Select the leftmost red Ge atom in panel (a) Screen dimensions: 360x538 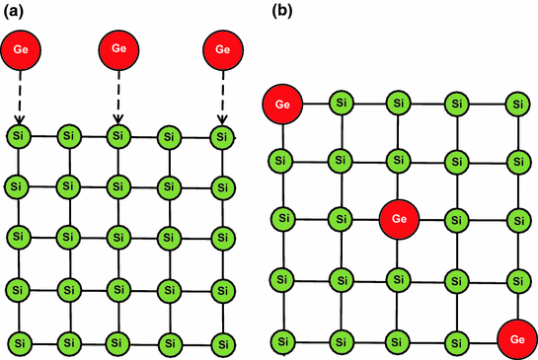(x=21, y=50)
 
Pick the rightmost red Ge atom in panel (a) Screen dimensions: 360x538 (x=222, y=50)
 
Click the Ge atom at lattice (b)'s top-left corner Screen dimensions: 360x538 (x=282, y=104)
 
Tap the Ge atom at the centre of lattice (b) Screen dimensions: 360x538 (x=398, y=217)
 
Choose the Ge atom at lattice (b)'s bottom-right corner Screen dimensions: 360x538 (x=515, y=338)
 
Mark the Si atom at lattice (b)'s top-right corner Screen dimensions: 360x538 (x=515, y=103)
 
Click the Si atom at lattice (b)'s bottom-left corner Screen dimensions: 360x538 (x=282, y=339)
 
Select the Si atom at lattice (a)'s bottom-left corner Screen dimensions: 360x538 (x=19, y=343)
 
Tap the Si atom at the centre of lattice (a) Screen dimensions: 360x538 (x=118, y=238)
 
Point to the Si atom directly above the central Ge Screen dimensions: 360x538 (x=398, y=159)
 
